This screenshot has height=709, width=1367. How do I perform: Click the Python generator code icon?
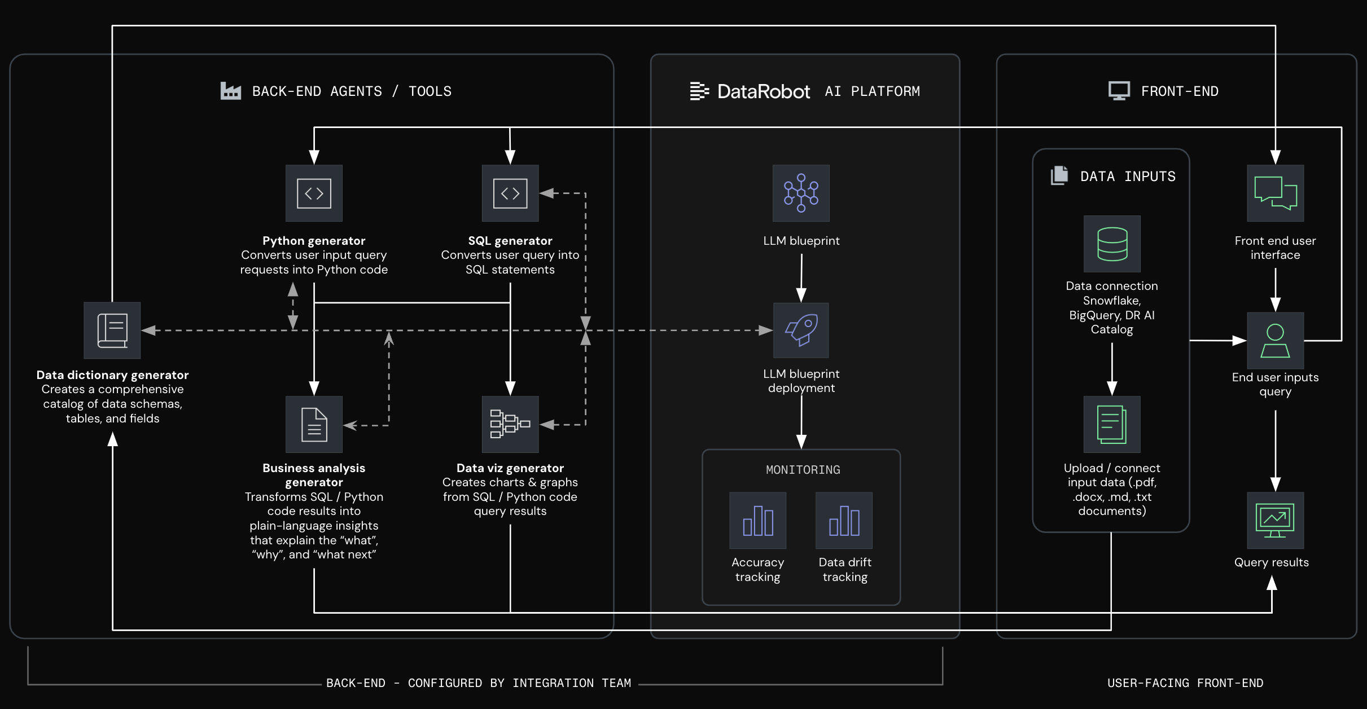314,193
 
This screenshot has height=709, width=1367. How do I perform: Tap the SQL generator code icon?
510,193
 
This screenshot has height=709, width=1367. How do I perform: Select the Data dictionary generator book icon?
112,331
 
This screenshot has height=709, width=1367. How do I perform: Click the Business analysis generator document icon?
314,424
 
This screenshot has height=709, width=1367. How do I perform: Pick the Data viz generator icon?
510,424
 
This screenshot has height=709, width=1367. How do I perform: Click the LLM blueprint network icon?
801,193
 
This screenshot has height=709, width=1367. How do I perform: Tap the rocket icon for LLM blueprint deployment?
801,331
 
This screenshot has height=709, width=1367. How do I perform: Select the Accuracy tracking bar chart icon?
757,520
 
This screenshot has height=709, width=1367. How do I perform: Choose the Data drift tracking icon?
844,520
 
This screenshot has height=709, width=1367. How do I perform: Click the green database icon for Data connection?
1111,244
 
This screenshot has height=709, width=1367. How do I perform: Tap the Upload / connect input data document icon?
1111,424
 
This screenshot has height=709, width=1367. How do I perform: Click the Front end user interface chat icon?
1275,193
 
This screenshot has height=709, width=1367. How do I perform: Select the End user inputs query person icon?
1275,341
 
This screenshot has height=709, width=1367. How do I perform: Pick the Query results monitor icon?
1275,520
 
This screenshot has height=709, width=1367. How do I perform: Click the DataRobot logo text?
763,91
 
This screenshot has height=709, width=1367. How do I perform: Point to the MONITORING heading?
803,470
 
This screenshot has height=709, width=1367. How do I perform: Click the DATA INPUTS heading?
1127,177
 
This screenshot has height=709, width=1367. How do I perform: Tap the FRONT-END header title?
1179,91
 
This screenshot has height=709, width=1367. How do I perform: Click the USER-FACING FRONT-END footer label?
1185,683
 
